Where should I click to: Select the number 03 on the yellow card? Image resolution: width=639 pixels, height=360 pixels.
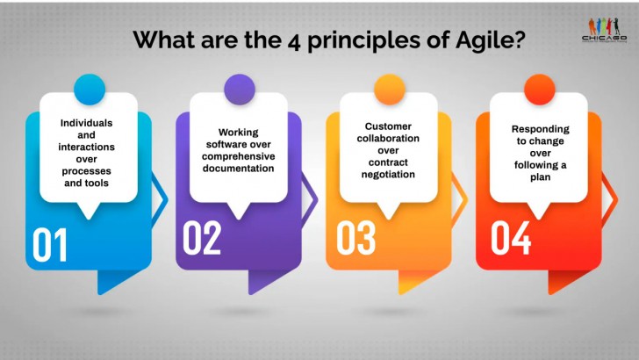(356, 239)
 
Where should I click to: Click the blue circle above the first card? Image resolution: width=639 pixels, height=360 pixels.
(89, 89)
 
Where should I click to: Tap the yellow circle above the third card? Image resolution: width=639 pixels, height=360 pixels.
(389, 89)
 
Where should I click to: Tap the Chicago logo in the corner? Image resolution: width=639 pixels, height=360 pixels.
(605, 29)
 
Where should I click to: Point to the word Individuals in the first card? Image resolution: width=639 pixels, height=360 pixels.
(88, 122)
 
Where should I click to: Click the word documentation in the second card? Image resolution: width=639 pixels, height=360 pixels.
(239, 167)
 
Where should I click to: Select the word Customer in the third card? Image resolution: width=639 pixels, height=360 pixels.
(388, 126)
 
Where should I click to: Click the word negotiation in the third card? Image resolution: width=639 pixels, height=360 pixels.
(388, 175)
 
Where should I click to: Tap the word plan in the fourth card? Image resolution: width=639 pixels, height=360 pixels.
(539, 178)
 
